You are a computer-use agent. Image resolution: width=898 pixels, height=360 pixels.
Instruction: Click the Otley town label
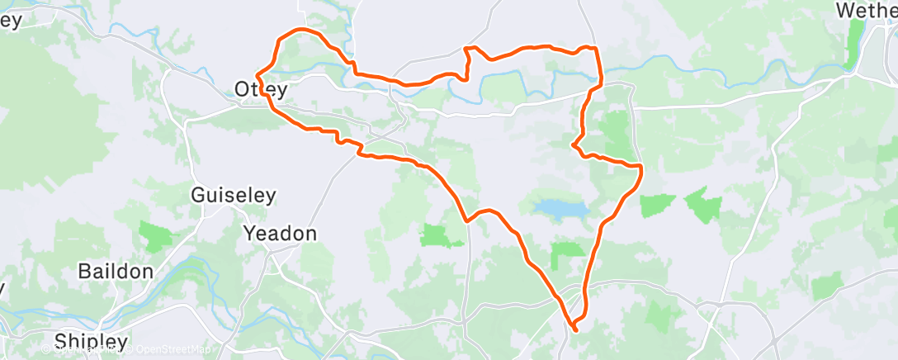tap(261, 88)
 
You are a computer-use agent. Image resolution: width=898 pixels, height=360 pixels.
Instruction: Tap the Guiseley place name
tap(234, 196)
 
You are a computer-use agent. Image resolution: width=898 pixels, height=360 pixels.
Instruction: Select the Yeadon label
tap(280, 234)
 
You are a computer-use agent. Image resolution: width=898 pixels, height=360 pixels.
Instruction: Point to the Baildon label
tap(116, 271)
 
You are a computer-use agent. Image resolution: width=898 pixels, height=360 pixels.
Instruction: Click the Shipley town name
tap(92, 341)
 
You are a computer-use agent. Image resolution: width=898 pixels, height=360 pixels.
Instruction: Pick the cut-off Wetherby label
tap(867, 11)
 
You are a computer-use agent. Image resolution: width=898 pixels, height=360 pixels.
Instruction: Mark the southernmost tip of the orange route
tap(574, 330)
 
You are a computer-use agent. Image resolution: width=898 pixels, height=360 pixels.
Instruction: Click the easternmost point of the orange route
tap(641, 170)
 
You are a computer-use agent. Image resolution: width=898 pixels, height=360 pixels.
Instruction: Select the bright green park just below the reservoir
tap(568, 255)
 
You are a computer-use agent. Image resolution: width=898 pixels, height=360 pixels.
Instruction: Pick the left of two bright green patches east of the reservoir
tap(658, 205)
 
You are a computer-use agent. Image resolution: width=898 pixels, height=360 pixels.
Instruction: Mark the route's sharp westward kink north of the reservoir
tap(573, 146)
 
